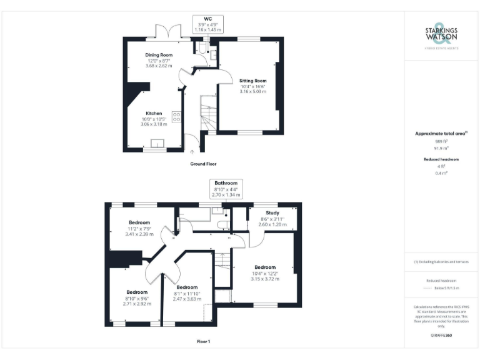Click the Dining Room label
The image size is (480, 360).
tap(159, 55)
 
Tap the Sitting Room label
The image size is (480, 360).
tap(252, 81)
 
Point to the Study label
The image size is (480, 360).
tap(272, 212)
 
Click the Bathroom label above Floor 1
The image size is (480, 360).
tap(226, 183)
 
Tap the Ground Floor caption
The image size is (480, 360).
tap(203, 164)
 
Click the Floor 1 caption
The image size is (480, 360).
tap(203, 341)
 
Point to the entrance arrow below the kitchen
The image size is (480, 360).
tap(192, 151)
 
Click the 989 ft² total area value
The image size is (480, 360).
tap(441, 141)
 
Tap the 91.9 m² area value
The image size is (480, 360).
tap(441, 148)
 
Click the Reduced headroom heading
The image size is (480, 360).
tap(441, 159)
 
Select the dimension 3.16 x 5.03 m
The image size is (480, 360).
tap(252, 92)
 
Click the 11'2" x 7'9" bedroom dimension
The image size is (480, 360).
tap(139, 229)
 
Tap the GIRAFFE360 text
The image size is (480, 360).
tap(441, 336)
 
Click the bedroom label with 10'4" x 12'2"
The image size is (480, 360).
tap(266, 267)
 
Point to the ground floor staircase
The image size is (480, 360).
tap(206, 116)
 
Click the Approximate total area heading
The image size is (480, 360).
tap(441, 133)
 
